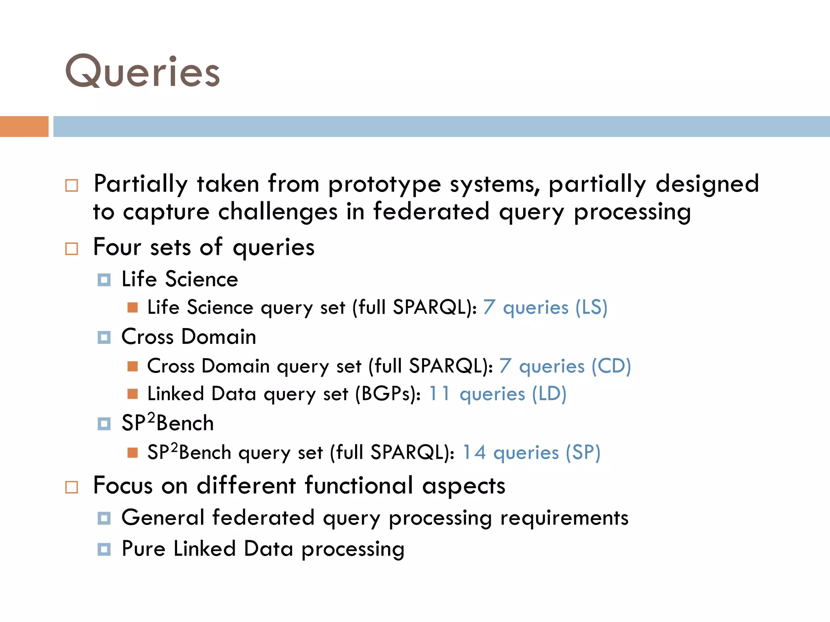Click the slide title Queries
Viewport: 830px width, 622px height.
click(143, 72)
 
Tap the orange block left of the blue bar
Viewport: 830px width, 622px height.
click(24, 126)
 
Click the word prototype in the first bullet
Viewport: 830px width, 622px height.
click(384, 184)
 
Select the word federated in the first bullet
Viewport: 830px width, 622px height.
click(431, 212)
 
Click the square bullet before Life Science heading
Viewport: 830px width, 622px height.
click(104, 280)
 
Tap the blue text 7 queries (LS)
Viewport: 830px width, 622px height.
click(545, 307)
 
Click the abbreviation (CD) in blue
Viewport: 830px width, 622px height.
click(611, 366)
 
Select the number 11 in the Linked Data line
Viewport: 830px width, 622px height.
click(439, 394)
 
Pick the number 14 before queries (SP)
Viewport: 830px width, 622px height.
click(474, 452)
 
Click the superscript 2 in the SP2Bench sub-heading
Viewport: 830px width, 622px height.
click(151, 417)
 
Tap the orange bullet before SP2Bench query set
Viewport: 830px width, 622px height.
click(133, 452)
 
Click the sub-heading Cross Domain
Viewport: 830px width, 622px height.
click(189, 337)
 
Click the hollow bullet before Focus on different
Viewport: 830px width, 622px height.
click(72, 487)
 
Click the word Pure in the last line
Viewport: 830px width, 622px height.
click(143, 549)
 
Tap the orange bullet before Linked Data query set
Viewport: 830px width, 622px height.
click(133, 394)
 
